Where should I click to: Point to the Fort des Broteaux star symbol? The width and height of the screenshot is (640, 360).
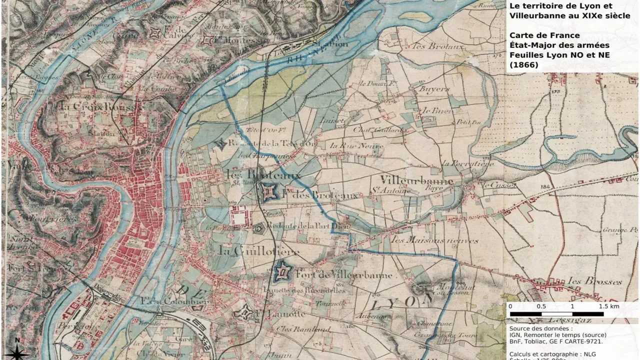tap(269, 191)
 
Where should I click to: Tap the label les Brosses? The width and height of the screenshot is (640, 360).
tap(595, 280)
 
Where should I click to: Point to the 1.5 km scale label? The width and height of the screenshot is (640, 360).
tap(608, 306)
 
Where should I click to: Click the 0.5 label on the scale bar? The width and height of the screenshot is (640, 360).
tap(541, 306)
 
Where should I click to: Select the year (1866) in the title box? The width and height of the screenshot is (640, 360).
tap(524, 65)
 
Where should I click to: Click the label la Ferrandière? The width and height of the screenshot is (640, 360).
tap(467, 163)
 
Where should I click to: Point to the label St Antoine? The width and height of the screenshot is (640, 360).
tap(397, 190)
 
